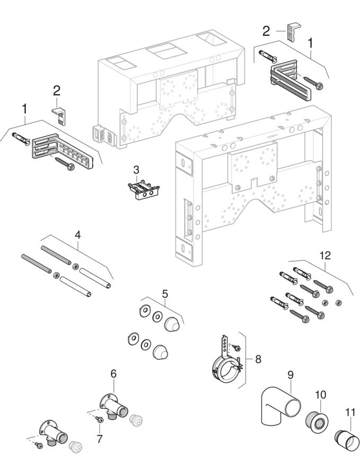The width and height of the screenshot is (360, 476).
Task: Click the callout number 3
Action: (136, 170)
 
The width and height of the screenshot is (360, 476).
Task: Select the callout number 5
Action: (165, 292)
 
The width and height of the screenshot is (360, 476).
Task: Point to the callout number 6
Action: (113, 373)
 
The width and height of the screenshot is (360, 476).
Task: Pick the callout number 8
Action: (258, 359)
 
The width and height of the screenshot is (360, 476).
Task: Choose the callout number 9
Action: (290, 375)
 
